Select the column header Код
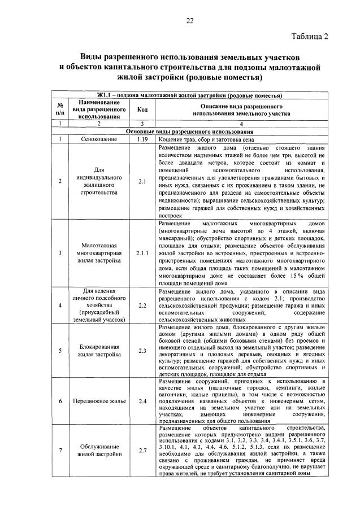pyautogui.click(x=142, y=110)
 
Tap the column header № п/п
pyautogui.click(x=60, y=110)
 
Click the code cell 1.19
pyautogui.click(x=142, y=138)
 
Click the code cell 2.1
pyautogui.click(x=142, y=181)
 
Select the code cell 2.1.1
pyautogui.click(x=142, y=254)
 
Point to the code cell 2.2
pyautogui.click(x=142, y=305)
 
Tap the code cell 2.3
pyautogui.click(x=142, y=351)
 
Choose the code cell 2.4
pyautogui.click(x=142, y=401)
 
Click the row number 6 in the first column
pyautogui.click(x=60, y=401)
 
